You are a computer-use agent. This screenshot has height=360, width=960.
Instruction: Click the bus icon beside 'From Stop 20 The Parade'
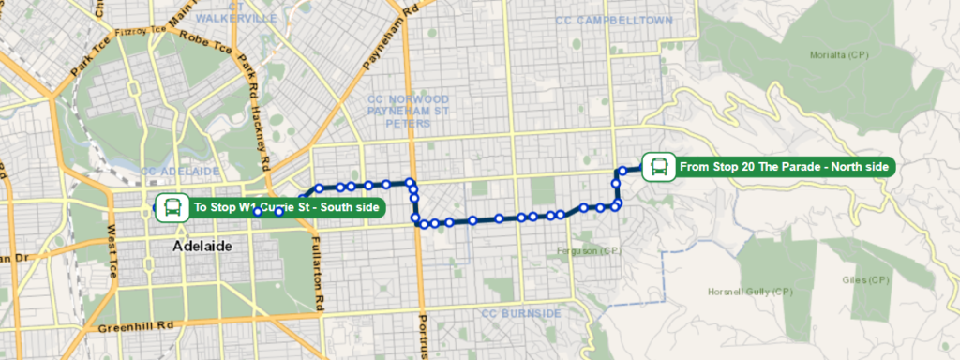pos(658,167)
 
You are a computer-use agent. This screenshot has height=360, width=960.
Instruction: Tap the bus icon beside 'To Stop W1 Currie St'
pos(172,207)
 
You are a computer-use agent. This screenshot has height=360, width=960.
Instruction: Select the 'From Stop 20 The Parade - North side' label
pos(784,167)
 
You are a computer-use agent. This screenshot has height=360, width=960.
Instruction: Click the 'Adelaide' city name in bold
pos(202,246)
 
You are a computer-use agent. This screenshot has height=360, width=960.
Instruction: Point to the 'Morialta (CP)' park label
pos(839,55)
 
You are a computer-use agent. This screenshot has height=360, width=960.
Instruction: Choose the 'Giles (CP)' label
pos(864,280)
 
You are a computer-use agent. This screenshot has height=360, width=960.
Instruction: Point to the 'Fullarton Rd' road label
pos(319,272)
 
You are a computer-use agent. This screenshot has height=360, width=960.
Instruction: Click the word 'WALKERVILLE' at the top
pos(221,18)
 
